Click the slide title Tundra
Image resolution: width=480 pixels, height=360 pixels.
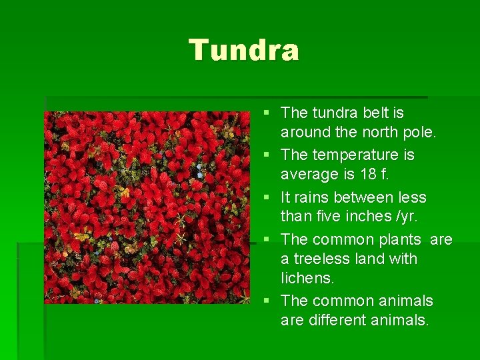[x=244, y=50]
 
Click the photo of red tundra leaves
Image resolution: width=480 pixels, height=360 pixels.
[x=138, y=207]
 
